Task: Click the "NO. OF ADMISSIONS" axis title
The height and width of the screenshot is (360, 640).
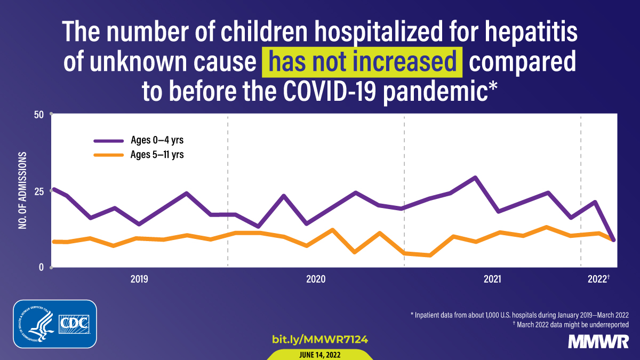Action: (23, 191)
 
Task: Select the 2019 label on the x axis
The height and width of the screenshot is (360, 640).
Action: (139, 279)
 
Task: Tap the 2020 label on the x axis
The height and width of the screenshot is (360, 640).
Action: (316, 279)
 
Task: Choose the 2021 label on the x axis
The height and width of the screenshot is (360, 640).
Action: (492, 279)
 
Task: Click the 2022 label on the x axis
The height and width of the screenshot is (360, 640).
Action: (598, 279)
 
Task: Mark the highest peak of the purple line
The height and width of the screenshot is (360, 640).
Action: (475, 178)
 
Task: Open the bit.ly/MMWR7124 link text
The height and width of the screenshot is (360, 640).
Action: (320, 339)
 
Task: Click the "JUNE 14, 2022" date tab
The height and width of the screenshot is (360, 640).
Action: (320, 355)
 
